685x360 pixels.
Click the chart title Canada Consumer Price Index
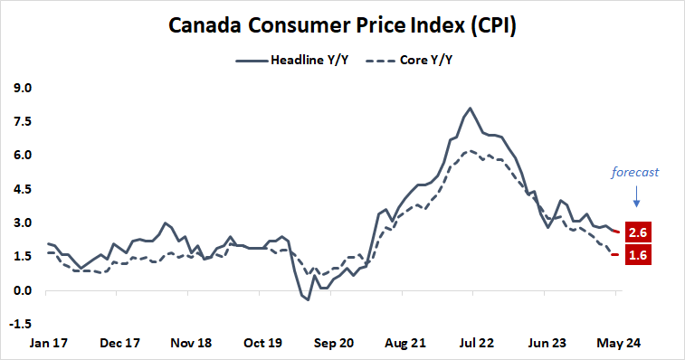[342, 26]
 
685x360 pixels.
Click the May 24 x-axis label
[618, 344]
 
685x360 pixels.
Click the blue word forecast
[634, 170]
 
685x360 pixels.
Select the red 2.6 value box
[639, 232]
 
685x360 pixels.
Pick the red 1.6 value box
[639, 255]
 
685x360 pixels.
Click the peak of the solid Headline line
[470, 109]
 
